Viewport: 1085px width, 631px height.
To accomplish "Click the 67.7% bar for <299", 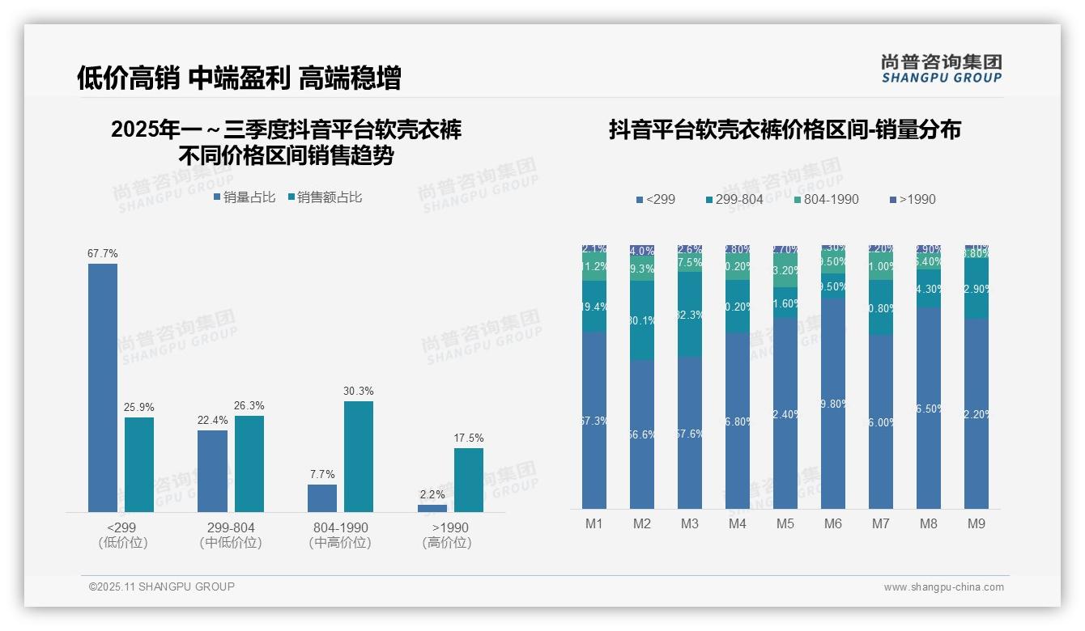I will [x=103, y=387].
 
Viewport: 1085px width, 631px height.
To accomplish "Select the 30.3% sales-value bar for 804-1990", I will [x=358, y=456].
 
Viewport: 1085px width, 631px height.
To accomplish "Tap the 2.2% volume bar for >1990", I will [x=432, y=508].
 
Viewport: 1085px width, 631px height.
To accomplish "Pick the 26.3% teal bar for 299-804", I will [x=249, y=464].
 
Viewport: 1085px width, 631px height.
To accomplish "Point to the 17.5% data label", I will [x=469, y=438].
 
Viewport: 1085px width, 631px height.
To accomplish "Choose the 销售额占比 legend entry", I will [x=325, y=197].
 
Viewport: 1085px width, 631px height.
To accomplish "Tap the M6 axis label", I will [x=833, y=524].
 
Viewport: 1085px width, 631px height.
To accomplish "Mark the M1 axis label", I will [x=594, y=524].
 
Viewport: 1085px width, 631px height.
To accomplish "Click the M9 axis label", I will [x=976, y=524].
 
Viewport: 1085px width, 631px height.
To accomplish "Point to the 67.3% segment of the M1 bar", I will [x=594, y=421].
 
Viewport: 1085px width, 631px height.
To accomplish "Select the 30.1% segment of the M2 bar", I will [x=642, y=320].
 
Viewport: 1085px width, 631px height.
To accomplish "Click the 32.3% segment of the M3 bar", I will [x=690, y=315].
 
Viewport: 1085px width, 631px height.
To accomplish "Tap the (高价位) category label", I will [x=447, y=543].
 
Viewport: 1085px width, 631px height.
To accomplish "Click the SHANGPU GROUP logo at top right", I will [x=941, y=69].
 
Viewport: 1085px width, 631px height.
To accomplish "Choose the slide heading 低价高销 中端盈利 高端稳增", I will [x=239, y=78].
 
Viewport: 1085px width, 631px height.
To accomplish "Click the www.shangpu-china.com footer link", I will [x=943, y=587].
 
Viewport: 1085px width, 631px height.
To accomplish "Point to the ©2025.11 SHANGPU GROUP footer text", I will [x=162, y=587].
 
